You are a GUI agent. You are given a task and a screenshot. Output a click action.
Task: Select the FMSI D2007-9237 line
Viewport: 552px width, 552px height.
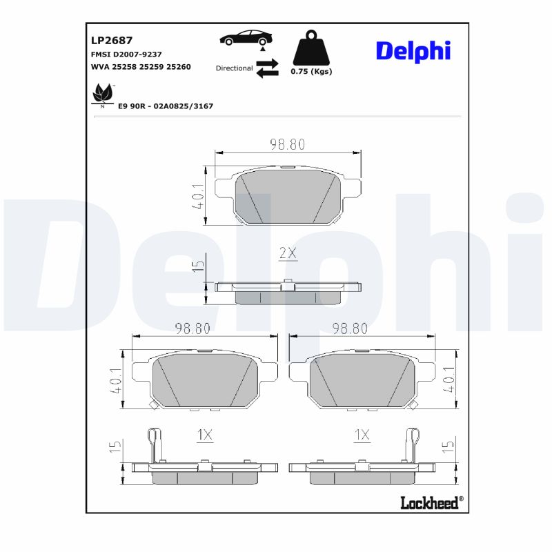[x=126, y=54]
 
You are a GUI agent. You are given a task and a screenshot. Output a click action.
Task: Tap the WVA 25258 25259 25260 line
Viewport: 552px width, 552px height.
[x=141, y=67]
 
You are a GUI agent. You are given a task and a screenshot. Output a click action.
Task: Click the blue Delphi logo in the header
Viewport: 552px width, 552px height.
[x=413, y=50]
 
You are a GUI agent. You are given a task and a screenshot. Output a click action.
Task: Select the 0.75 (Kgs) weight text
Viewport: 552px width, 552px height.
[x=311, y=72]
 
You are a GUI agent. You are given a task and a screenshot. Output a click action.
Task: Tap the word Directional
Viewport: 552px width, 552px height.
[x=234, y=68]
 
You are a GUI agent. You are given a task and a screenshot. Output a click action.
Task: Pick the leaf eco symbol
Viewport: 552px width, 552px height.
[x=103, y=93]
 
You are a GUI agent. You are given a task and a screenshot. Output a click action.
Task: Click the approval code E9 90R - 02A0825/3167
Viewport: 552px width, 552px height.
[x=166, y=106]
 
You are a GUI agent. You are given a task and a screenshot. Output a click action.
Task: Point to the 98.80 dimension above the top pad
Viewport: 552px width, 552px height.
[x=287, y=144]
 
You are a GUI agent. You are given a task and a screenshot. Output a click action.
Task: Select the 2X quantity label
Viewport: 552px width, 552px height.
[x=288, y=253]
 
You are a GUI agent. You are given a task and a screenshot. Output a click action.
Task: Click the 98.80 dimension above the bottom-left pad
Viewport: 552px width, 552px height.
[x=193, y=328]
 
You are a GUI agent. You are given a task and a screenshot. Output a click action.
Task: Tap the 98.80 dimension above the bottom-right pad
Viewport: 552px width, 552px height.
[x=350, y=328]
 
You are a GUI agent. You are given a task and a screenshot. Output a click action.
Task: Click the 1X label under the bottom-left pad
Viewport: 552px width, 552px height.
[x=204, y=435]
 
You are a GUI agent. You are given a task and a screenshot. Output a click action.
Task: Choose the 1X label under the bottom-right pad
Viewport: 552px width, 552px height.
[x=362, y=435]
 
